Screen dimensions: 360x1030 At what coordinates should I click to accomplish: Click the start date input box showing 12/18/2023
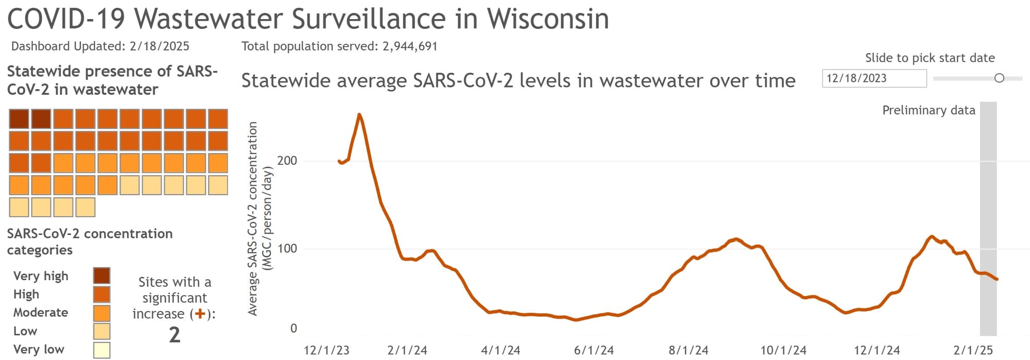pos(873,78)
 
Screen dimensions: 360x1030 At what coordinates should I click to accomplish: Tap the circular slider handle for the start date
pos(999,78)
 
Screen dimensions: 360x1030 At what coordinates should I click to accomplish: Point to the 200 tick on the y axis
pos(287,161)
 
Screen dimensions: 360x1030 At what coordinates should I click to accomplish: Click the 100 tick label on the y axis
pos(287,249)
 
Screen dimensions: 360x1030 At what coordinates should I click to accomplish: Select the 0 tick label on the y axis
pos(294,329)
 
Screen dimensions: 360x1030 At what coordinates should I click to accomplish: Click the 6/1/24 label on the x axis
pos(594,351)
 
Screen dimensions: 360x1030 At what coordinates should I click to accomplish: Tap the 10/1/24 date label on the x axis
pos(783,351)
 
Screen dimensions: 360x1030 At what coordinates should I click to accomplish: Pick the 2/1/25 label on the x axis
pos(973,351)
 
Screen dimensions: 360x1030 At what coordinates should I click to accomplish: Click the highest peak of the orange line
pos(359,115)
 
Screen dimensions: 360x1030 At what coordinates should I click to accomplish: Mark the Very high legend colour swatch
pos(101,276)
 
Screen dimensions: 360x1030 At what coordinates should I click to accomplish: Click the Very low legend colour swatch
pos(101,350)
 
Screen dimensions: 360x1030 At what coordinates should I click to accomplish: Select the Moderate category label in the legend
pos(41,313)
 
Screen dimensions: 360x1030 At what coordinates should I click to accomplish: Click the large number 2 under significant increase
pos(175,335)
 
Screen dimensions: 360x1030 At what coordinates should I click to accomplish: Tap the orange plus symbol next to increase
pos(199,314)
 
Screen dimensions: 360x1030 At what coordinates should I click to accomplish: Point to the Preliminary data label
pos(929,110)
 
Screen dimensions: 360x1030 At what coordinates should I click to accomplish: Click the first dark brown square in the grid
pos(19,119)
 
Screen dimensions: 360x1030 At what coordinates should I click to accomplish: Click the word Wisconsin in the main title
pos(548,19)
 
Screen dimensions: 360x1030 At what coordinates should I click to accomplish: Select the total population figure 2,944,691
pos(409,46)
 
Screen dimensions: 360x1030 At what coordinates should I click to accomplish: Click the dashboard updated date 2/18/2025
pos(159,46)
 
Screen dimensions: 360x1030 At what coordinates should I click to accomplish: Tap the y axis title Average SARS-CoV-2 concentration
pos(252,219)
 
